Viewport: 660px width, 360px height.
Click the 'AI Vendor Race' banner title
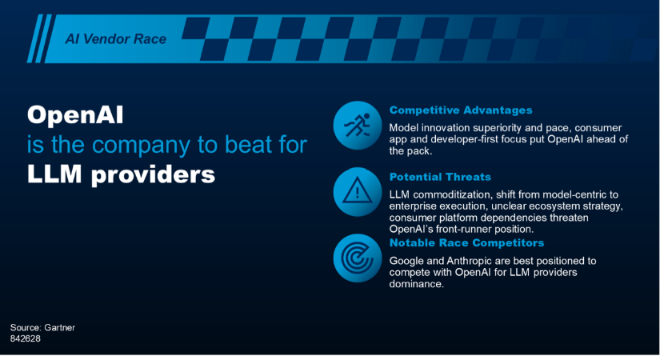(x=116, y=39)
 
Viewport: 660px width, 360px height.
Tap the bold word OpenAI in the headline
(x=75, y=115)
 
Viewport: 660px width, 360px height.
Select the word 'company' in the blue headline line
(x=142, y=146)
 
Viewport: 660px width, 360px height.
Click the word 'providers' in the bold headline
(x=154, y=175)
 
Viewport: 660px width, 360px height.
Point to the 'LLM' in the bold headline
(x=54, y=174)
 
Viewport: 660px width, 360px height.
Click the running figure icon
(x=358, y=125)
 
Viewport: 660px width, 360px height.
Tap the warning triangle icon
(x=358, y=191)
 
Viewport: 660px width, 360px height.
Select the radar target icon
(x=358, y=258)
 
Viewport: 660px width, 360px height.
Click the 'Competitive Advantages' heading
(x=461, y=110)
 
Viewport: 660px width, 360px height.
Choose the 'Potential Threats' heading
(x=440, y=177)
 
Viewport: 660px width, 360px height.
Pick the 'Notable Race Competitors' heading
(x=466, y=243)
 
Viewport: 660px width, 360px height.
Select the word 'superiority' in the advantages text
(x=498, y=128)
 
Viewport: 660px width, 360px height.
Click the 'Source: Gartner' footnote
(x=42, y=327)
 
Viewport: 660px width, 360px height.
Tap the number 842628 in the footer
(x=26, y=339)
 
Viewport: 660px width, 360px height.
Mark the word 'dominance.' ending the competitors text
(x=416, y=284)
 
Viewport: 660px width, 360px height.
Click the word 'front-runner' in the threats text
(x=465, y=230)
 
